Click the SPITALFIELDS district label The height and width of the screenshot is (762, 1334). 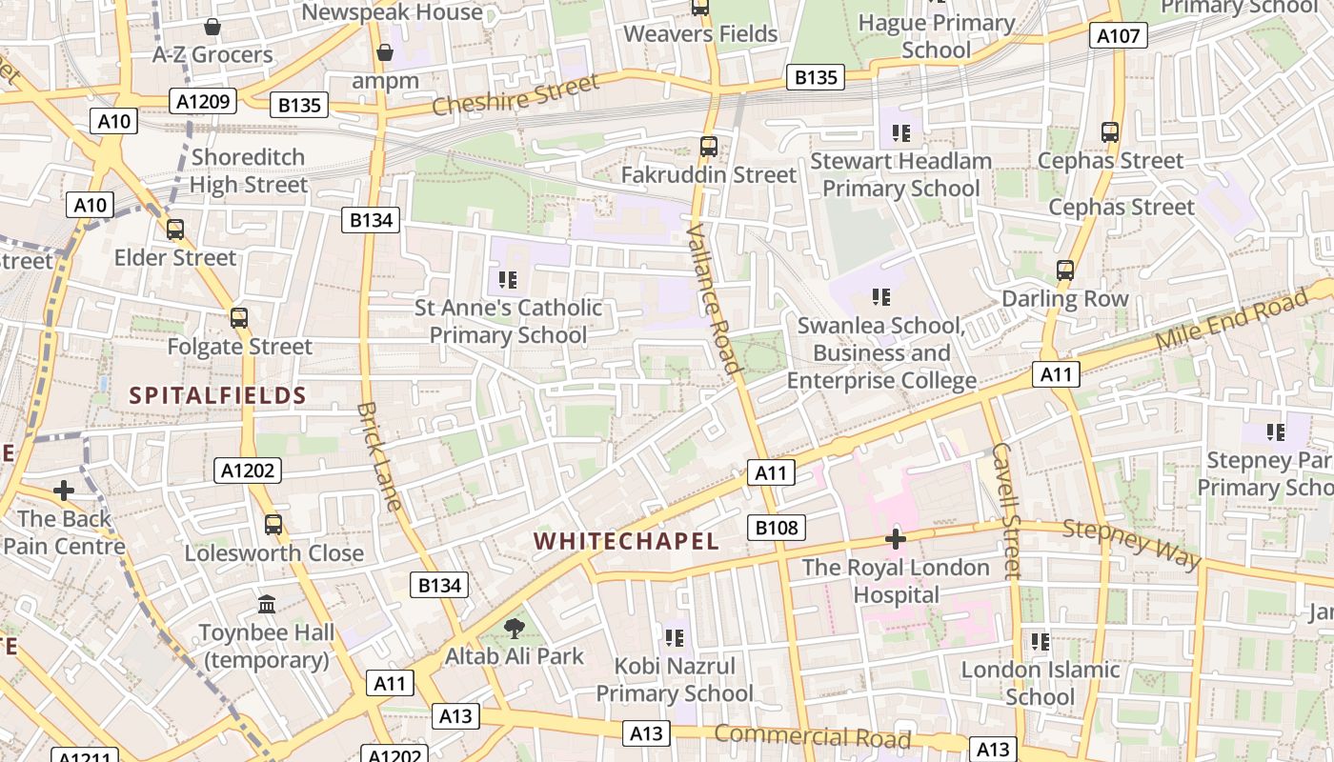tap(217, 396)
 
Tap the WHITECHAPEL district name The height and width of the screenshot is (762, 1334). tap(626, 542)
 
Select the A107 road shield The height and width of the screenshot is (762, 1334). tap(1118, 36)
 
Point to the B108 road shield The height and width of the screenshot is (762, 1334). tap(778, 528)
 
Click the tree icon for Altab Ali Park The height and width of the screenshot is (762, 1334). tap(515, 628)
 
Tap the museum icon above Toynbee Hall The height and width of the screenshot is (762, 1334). tap(267, 604)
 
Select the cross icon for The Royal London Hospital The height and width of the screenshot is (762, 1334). tap(895, 539)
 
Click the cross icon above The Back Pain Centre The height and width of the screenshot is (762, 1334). tap(64, 491)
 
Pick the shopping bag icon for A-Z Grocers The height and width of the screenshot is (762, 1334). tap(212, 26)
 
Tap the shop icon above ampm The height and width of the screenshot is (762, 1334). tap(385, 51)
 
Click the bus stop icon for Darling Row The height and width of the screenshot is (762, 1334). tap(1065, 271)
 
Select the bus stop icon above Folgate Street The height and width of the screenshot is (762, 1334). tap(239, 318)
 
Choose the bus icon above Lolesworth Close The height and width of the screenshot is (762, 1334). tap(273, 524)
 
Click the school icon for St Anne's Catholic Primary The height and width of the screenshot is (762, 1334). tap(508, 279)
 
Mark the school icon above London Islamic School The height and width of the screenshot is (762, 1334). tap(1040, 641)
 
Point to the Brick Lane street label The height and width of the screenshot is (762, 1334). tap(379, 456)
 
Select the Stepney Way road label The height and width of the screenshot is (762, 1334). tap(1131, 544)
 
